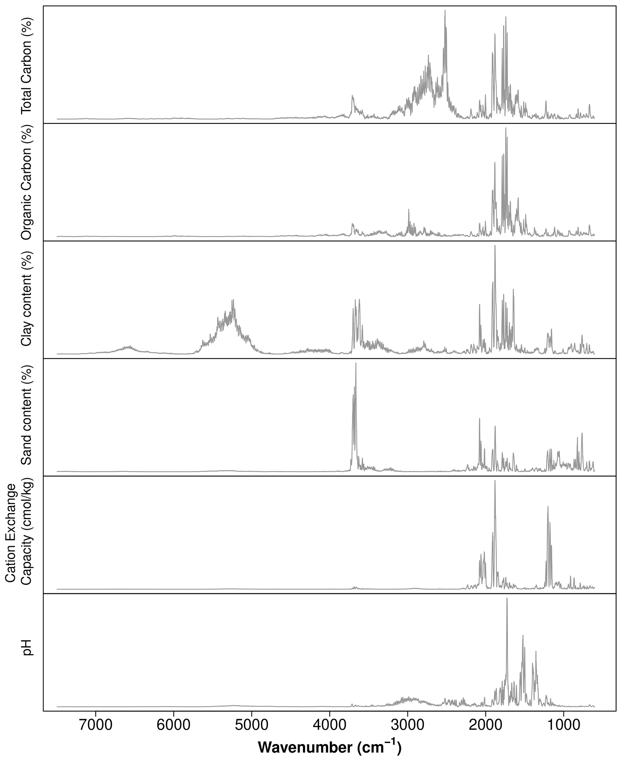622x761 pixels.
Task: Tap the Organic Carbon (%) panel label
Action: click(27, 182)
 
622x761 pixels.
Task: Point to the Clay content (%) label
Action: click(27, 299)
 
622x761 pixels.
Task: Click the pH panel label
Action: click(27, 648)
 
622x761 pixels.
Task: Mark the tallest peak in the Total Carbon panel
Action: click(445, 11)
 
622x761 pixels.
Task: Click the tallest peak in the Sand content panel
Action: click(356, 363)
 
